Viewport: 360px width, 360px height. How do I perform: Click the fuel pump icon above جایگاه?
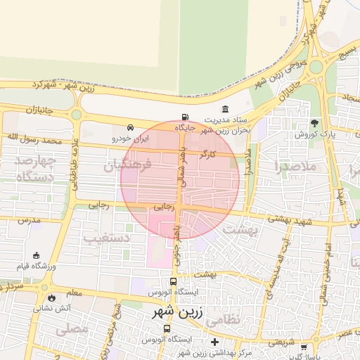(185, 117)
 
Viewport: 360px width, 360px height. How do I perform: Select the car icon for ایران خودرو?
(131, 127)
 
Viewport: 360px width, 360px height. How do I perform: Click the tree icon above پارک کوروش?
(314, 122)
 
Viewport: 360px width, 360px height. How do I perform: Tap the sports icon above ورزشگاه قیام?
(36, 255)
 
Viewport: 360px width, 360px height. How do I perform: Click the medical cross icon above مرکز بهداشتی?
(214, 342)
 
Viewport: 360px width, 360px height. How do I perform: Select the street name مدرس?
(32, 220)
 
